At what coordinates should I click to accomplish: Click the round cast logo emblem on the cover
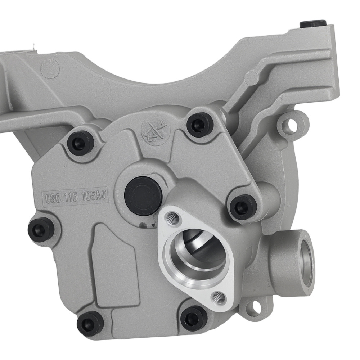154,132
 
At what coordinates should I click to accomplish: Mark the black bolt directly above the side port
243,207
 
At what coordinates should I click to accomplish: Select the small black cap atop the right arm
313,24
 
